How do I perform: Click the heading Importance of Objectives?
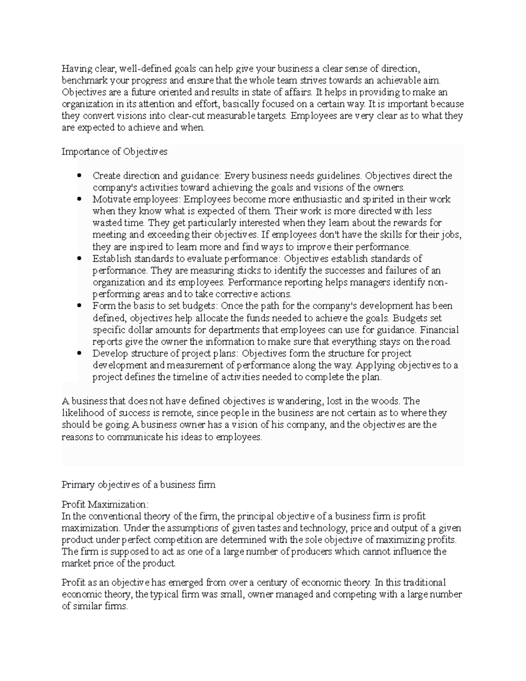click(114, 152)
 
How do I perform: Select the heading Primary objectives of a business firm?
click(139, 485)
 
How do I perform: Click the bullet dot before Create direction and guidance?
click(79, 176)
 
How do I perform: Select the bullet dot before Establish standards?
click(79, 259)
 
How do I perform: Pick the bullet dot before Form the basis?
click(79, 306)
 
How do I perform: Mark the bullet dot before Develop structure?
click(79, 353)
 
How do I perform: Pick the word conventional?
click(108, 516)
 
